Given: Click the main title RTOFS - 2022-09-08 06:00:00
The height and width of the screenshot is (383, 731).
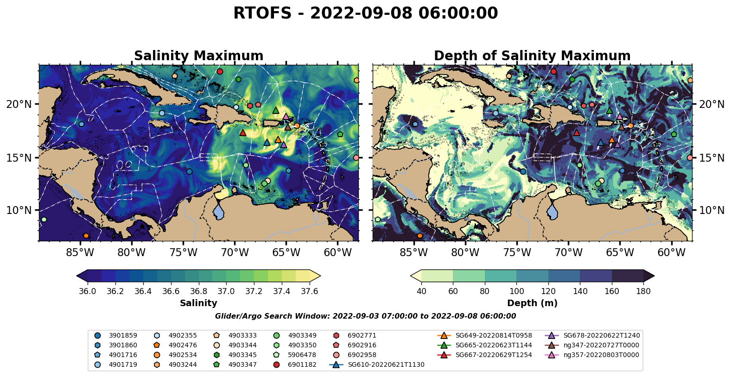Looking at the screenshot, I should (x=365, y=13).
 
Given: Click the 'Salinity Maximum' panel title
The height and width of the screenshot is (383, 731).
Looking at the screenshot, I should (x=198, y=56).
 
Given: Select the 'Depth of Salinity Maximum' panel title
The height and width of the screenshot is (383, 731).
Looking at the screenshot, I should (x=532, y=56).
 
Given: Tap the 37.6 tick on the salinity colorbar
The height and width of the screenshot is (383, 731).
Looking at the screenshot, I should (x=309, y=291).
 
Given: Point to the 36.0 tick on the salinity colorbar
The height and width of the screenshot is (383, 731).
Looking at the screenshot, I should (x=88, y=291).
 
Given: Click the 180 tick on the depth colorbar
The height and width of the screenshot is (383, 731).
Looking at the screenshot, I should (x=643, y=291).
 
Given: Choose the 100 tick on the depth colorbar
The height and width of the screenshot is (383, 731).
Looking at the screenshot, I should (x=516, y=291).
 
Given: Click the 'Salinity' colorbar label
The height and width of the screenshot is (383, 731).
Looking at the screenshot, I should (x=198, y=303).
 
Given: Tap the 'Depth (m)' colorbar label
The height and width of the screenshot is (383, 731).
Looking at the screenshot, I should (x=532, y=303).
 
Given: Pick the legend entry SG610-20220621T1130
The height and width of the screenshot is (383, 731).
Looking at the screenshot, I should (x=386, y=365).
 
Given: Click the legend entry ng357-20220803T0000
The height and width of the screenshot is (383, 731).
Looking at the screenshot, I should (x=601, y=355).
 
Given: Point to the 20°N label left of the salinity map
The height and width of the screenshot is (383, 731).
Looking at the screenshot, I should (x=19, y=104).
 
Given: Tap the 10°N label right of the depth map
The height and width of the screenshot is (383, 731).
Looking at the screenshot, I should (x=712, y=211).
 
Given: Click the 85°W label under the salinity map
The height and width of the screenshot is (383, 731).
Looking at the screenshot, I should (x=80, y=253).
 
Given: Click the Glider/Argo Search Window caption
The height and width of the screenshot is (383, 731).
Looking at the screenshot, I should (x=365, y=316).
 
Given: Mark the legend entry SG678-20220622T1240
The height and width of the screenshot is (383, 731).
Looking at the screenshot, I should (x=601, y=335).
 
